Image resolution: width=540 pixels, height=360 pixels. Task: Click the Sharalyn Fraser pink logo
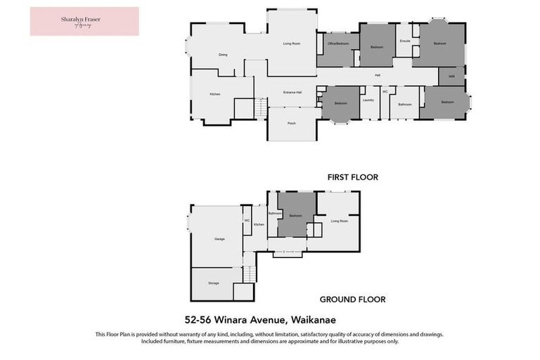(84, 21)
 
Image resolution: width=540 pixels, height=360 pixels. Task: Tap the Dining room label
(223, 55)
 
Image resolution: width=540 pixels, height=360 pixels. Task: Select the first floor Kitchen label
(215, 94)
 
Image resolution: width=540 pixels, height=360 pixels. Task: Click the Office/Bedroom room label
(338, 44)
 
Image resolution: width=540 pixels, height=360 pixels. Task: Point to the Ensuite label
(404, 41)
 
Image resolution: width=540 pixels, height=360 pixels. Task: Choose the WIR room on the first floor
(451, 76)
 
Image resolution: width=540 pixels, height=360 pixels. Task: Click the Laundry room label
(368, 101)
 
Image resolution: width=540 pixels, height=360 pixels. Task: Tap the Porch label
(292, 123)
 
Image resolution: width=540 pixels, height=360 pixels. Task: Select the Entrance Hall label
(292, 93)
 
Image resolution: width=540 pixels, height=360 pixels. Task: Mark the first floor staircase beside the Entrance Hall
(260, 108)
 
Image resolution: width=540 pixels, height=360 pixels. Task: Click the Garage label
(219, 239)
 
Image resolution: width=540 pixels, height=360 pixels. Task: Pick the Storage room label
(213, 283)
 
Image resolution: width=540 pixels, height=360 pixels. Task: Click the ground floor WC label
(247, 221)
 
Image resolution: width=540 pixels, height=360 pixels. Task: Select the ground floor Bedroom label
(297, 216)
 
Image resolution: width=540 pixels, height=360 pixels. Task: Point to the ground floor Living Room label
(340, 221)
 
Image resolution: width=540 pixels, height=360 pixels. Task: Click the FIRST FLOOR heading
(352, 178)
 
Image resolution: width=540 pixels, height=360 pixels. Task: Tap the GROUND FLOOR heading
(352, 299)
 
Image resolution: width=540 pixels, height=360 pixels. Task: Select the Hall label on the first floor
(377, 75)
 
